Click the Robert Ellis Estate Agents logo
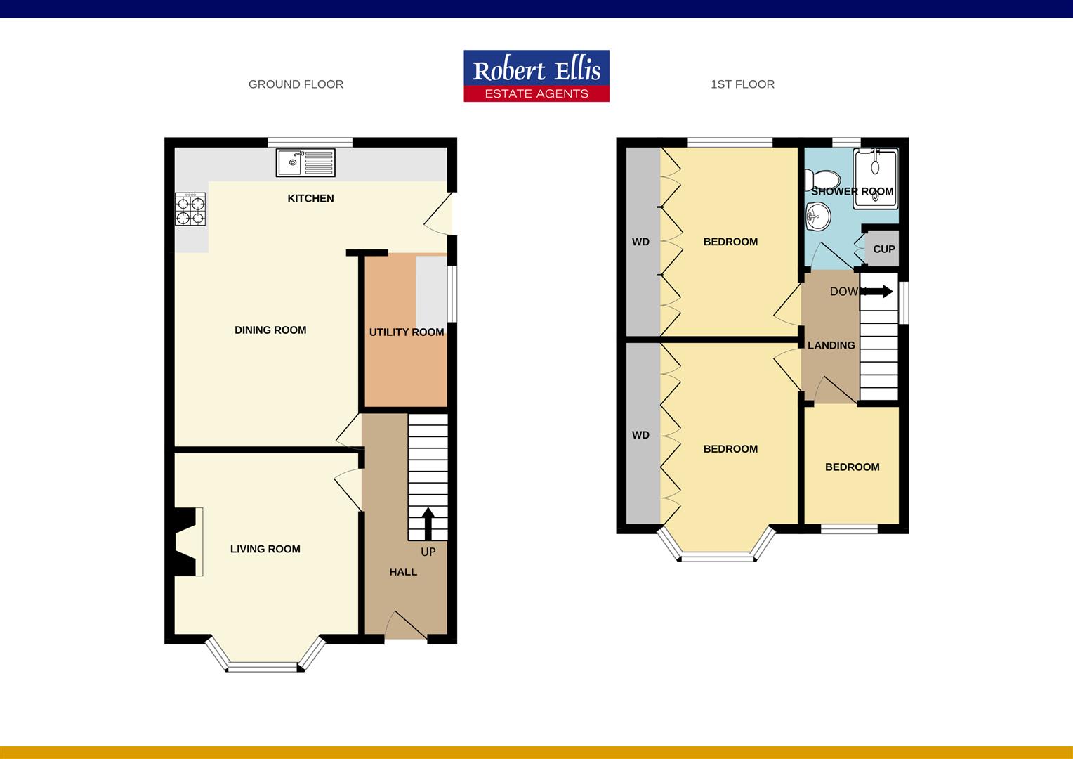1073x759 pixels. tap(536, 76)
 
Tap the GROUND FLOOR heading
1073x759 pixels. tap(296, 84)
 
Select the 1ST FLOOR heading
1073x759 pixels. tap(742, 84)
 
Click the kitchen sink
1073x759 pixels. tap(305, 163)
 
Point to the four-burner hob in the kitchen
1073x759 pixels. tap(190, 209)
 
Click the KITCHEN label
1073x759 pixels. tap(310, 198)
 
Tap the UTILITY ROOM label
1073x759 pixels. tap(407, 332)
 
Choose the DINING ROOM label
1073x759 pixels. tap(270, 330)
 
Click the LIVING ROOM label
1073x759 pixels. tap(265, 549)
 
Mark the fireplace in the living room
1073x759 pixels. tap(187, 542)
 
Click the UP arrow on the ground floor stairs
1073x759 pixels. tap(428, 523)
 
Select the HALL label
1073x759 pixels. tap(403, 572)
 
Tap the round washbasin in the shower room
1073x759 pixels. tap(817, 216)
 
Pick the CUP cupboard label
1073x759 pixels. tap(883, 249)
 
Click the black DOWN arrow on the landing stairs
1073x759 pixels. tap(877, 291)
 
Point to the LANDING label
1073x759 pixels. tap(831, 345)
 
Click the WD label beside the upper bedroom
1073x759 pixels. tap(640, 242)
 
